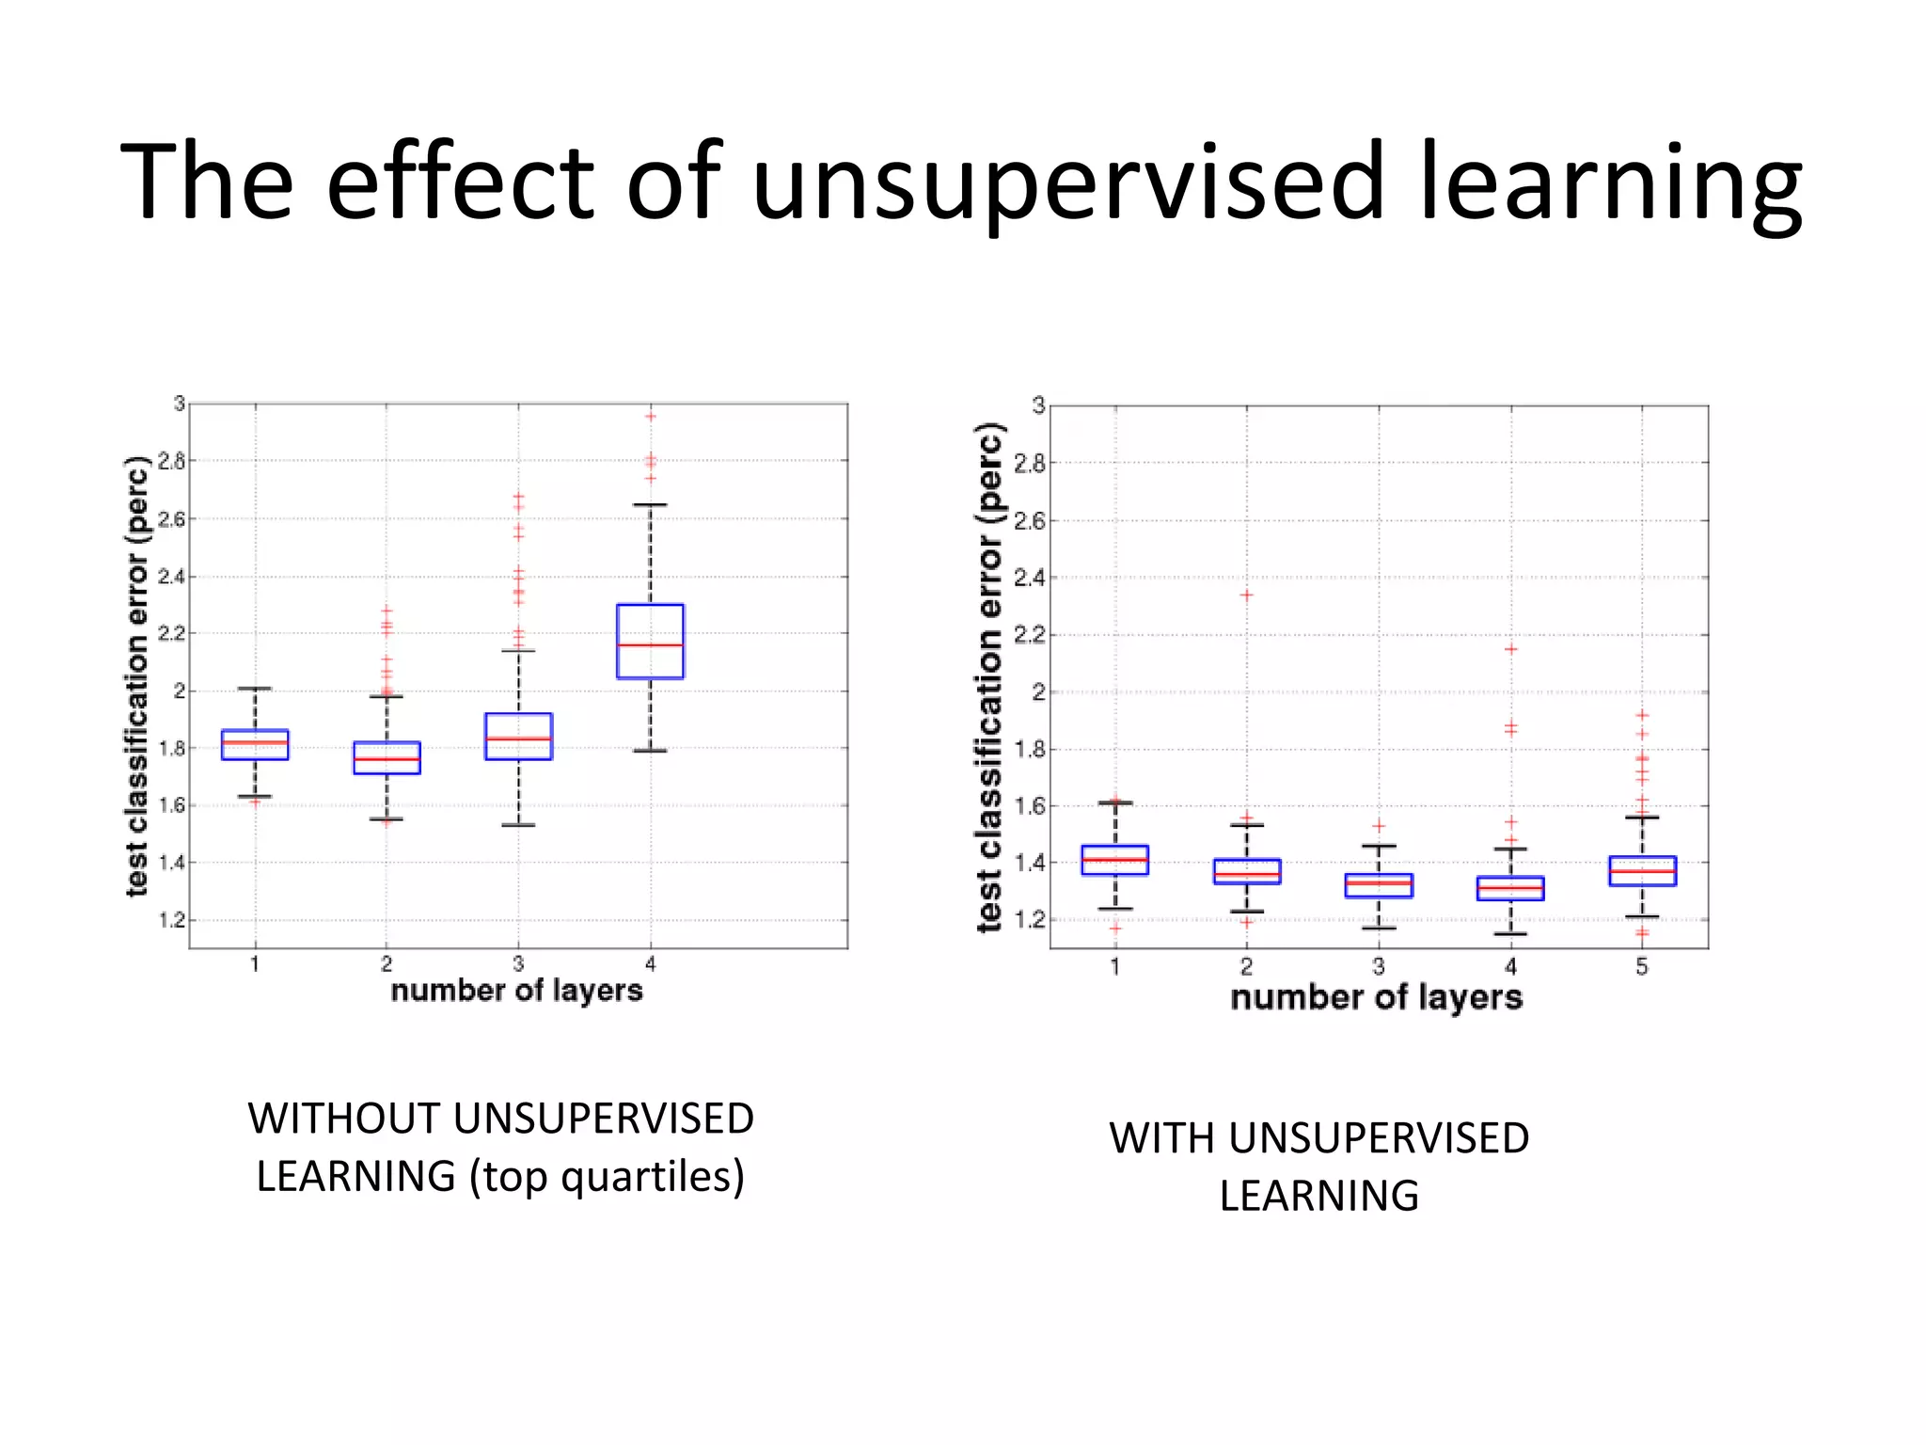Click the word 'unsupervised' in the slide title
tap(1069, 182)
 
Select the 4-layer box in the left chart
tap(650, 642)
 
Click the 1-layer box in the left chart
tap(255, 744)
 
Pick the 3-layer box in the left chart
tap(518, 737)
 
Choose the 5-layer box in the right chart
tap(1642, 871)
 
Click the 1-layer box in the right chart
tap(1115, 860)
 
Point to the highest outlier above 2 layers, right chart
tap(1247, 595)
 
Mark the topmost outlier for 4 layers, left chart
tap(650, 416)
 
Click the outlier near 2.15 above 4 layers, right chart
tap(1511, 649)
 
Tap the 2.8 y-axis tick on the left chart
tap(171, 461)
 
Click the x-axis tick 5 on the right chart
tap(1642, 967)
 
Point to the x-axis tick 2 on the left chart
tap(387, 963)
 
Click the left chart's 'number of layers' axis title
tap(516, 991)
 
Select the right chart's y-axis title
tap(989, 677)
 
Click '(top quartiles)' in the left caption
tap(608, 1177)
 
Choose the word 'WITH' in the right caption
tap(1162, 1138)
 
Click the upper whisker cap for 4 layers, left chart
tap(650, 505)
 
